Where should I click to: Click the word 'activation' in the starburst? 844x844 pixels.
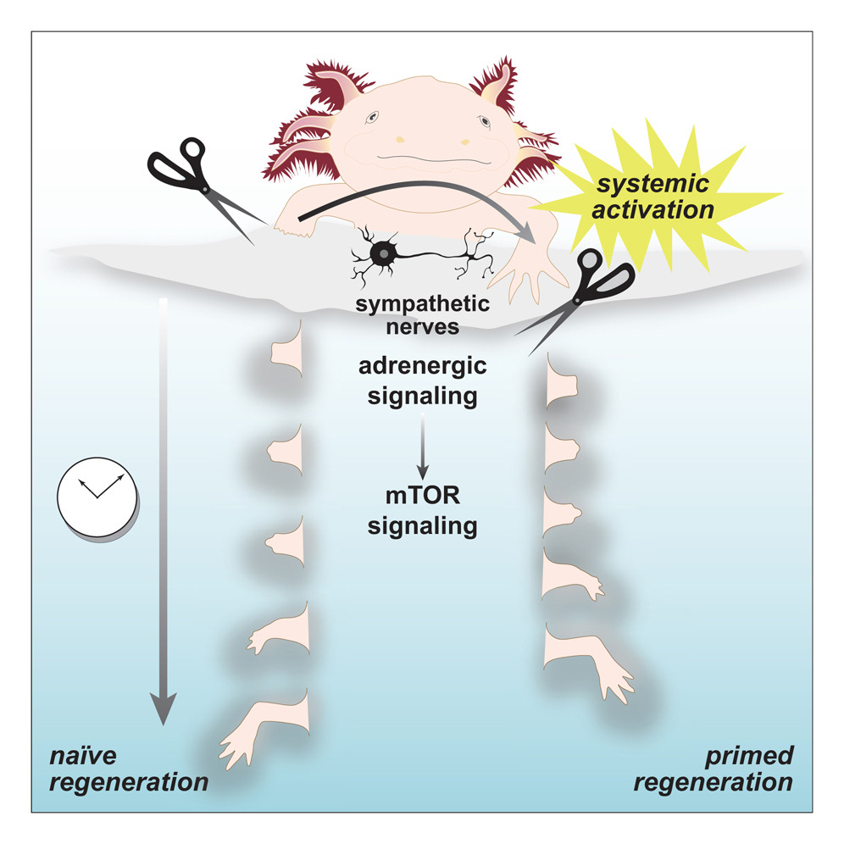652,209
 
